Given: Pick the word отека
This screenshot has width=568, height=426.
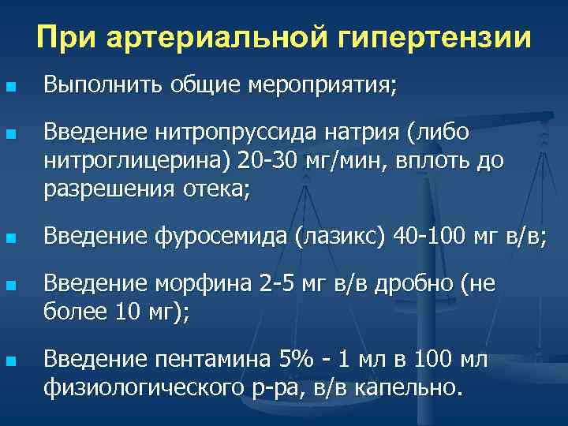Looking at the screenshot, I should click(207, 189).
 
